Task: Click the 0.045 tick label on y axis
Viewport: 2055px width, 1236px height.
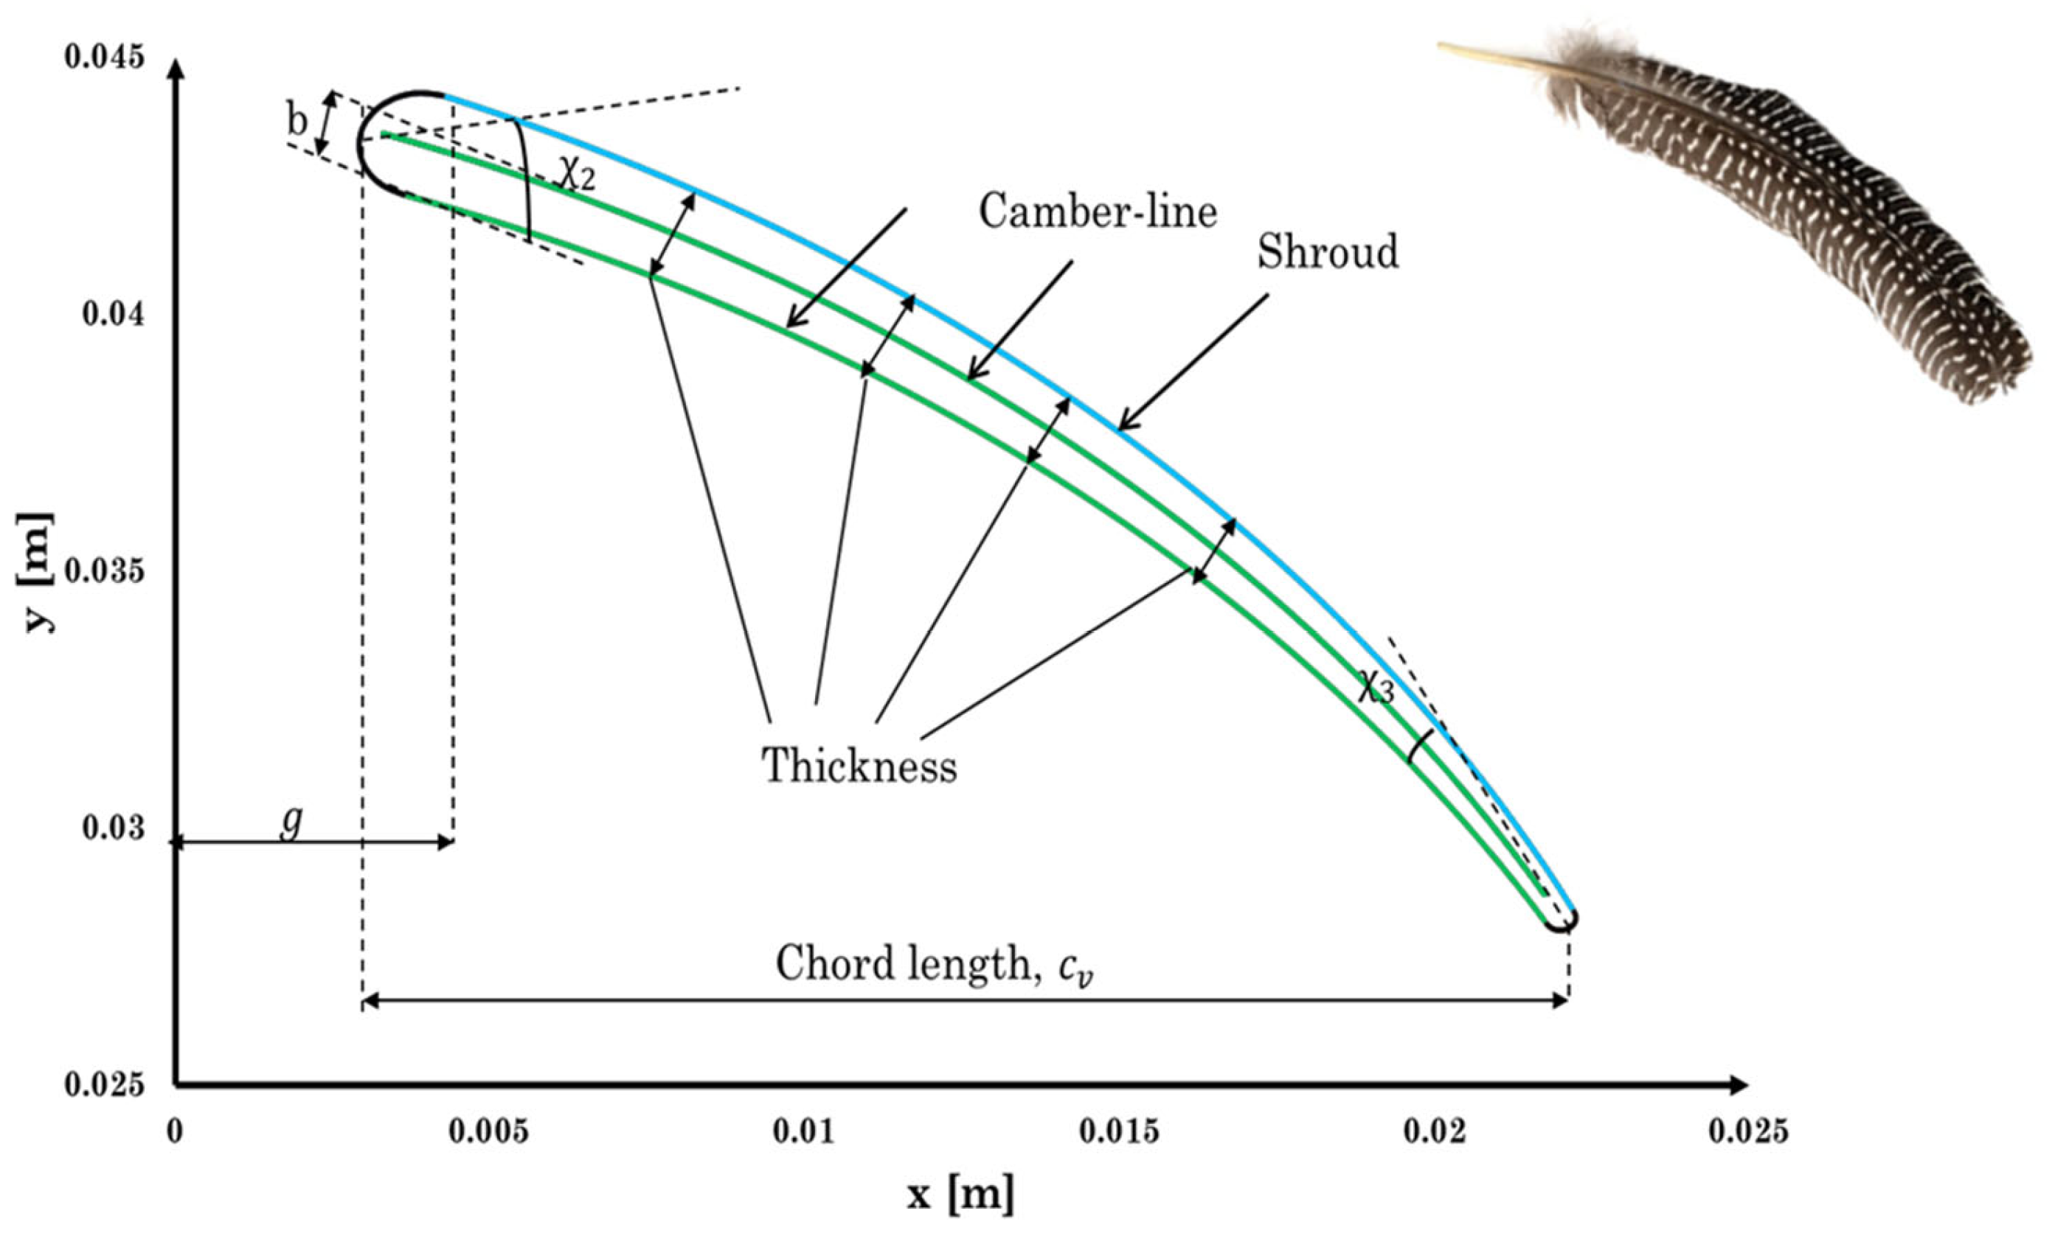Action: tap(104, 57)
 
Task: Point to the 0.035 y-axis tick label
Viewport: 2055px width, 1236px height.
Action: tap(104, 571)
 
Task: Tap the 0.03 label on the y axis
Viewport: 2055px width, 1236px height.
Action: tap(114, 828)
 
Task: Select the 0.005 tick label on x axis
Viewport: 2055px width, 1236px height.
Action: tap(489, 1132)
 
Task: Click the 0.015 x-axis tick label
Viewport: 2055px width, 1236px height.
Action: tap(1118, 1132)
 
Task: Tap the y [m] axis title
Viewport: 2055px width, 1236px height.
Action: tap(35, 572)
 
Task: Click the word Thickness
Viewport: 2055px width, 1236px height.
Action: tap(859, 764)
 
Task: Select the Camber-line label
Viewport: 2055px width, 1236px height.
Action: tap(1098, 212)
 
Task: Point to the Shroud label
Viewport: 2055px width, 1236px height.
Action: tap(1328, 251)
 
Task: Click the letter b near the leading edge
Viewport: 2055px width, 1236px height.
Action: tap(297, 122)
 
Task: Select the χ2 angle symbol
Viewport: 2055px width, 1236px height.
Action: tap(576, 175)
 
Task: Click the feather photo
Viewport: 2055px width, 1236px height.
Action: tap(1792, 209)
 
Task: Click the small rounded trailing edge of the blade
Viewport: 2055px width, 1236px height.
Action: tap(1560, 921)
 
